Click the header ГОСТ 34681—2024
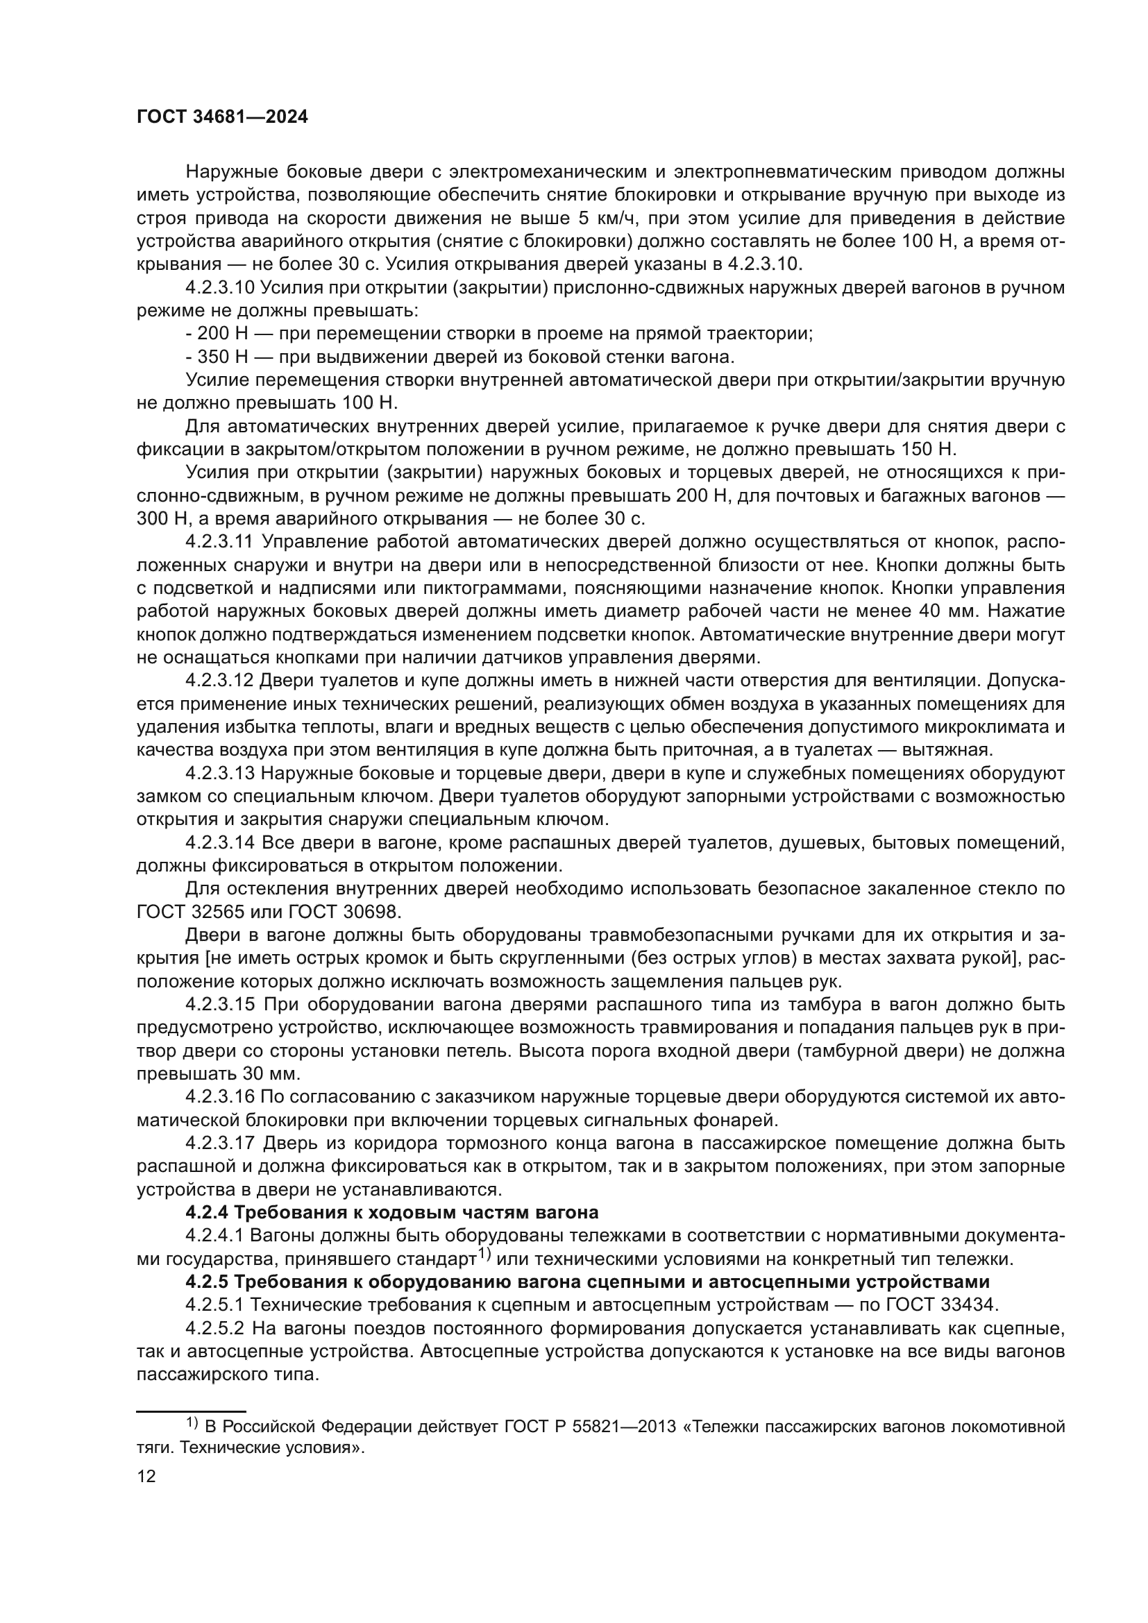222,117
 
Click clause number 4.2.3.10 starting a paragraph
220,288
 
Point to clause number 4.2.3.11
219,542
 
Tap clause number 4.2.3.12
219,681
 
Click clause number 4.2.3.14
219,842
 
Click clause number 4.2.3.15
219,1005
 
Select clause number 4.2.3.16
219,1097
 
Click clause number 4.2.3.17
219,1143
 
